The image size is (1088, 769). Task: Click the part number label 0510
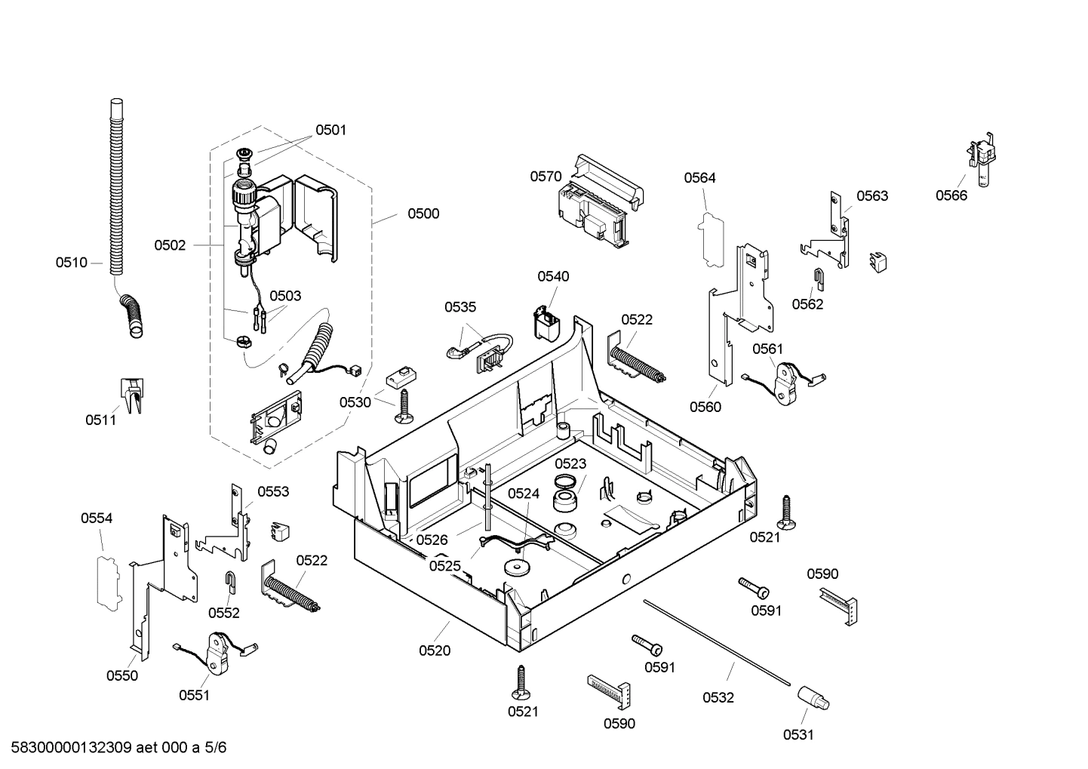(71, 263)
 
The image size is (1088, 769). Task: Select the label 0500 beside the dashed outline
(423, 214)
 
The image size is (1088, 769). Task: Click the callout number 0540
(553, 277)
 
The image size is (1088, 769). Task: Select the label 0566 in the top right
(951, 195)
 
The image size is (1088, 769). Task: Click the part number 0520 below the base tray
(435, 651)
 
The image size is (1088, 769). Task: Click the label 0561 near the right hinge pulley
(768, 349)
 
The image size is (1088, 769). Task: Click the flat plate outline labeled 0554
(107, 580)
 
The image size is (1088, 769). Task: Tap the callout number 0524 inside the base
(524, 494)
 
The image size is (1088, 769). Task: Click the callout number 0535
(460, 307)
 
